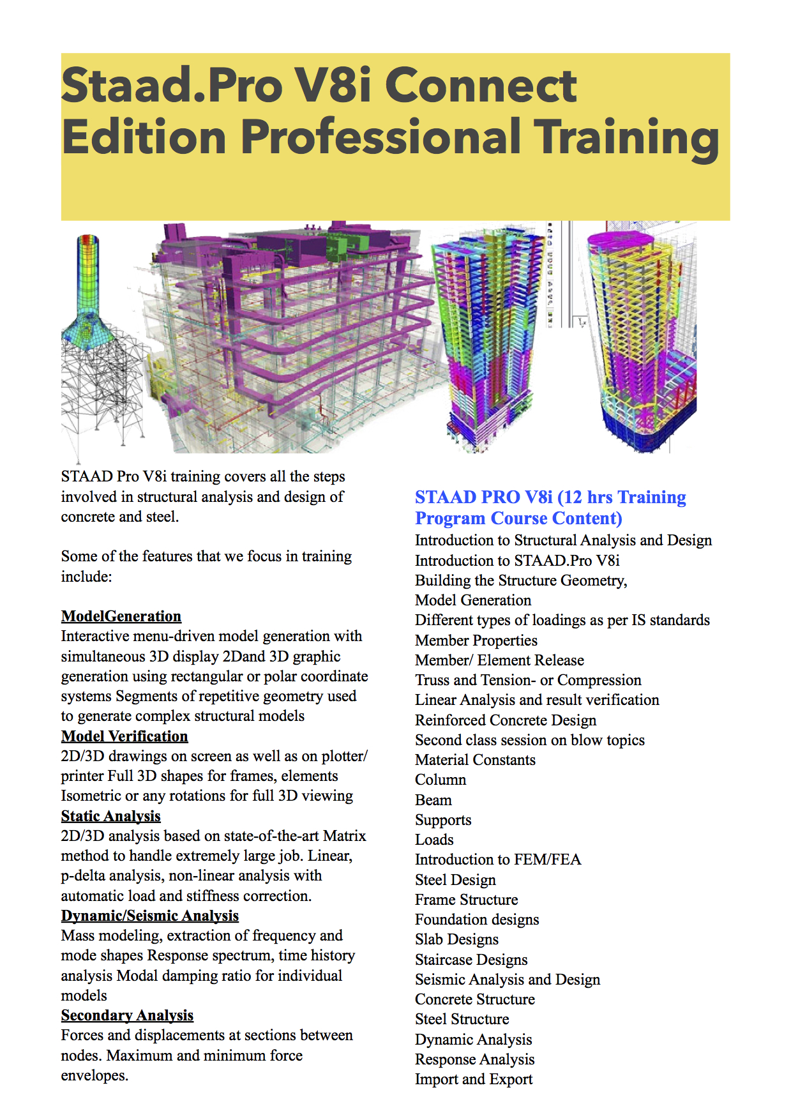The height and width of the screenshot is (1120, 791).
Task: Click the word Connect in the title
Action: point(481,85)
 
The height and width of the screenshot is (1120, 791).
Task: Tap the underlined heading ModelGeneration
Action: point(121,616)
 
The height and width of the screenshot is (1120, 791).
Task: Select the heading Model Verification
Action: point(124,736)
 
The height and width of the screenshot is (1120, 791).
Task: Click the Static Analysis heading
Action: point(110,816)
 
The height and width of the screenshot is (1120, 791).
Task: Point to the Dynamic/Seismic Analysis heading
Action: point(150,916)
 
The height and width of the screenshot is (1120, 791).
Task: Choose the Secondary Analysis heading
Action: point(127,1015)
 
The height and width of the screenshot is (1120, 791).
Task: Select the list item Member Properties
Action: point(476,640)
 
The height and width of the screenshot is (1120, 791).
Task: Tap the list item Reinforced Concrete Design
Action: point(506,720)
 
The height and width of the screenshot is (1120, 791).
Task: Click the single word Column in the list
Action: point(441,780)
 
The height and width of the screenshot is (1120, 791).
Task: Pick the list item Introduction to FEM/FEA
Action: point(498,859)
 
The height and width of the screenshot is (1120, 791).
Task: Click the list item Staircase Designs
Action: point(471,960)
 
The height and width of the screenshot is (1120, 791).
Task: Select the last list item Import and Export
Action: point(474,1079)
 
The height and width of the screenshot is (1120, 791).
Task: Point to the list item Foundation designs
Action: point(477,919)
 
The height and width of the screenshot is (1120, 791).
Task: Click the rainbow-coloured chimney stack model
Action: point(89,281)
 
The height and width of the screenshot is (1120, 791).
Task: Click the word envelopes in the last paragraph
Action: point(94,1075)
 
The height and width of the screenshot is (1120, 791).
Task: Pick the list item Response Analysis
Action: point(475,1059)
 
